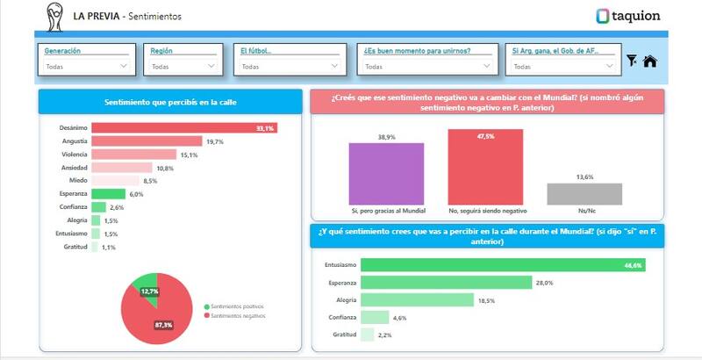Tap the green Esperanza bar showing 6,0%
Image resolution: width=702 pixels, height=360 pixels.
[109, 194]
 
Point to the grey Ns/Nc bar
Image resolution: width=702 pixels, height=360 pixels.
[584, 194]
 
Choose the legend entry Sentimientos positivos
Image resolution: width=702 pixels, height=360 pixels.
[236, 306]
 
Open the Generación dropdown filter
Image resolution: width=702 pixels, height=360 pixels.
[86, 66]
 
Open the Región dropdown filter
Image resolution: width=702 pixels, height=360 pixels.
[183, 66]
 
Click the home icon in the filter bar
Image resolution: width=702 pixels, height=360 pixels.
[650, 61]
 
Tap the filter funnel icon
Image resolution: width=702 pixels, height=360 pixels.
[632, 61]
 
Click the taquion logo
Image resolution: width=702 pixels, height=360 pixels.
[627, 16]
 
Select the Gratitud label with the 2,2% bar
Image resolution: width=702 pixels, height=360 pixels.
[344, 335]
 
